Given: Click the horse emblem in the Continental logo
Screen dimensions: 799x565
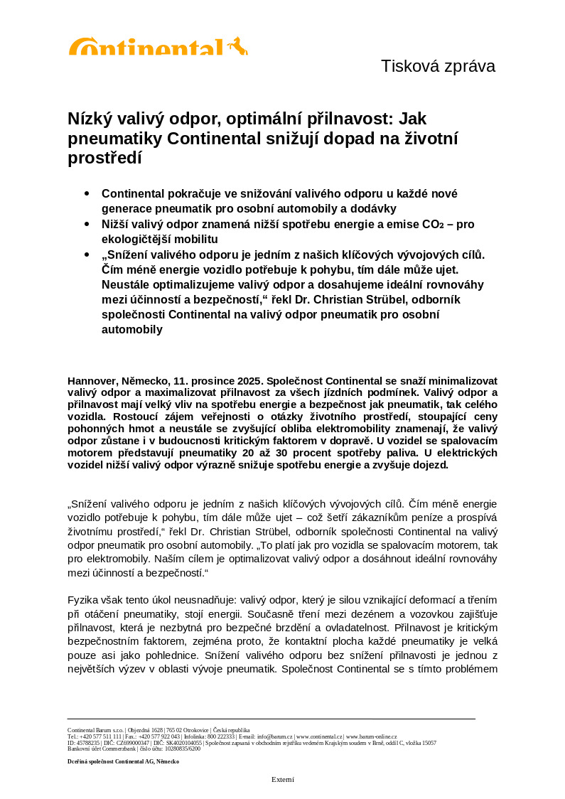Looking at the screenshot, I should pos(238,46).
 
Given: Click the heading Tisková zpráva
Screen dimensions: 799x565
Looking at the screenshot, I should pos(438,66).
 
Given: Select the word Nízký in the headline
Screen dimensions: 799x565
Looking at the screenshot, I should pos(88,119).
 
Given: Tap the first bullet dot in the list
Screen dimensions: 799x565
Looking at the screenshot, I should pos(87,193).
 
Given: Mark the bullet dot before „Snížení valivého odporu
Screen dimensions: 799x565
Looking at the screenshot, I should pos(87,254).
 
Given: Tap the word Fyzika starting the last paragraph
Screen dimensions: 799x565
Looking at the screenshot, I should pos(84,601).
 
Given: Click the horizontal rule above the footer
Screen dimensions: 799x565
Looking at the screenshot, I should pos(271,719).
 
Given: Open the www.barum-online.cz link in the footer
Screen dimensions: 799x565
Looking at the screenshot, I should pos(371,736).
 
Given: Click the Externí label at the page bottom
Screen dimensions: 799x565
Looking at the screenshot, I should pos(282,779).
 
